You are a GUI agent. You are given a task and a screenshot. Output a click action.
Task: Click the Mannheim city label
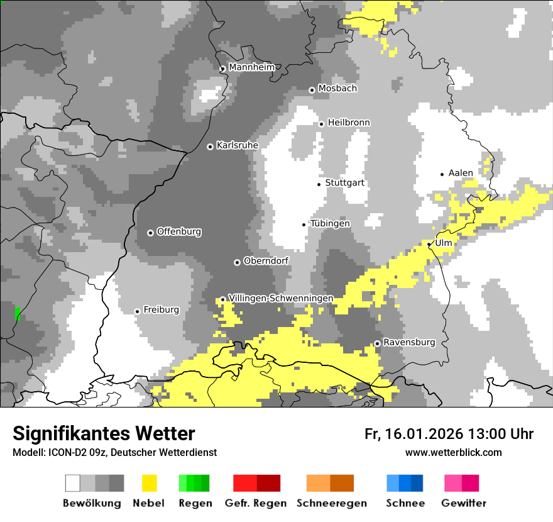(x=252, y=67)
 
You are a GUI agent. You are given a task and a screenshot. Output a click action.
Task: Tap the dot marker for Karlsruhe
(x=211, y=147)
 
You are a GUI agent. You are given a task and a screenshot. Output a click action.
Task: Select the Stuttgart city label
(x=344, y=183)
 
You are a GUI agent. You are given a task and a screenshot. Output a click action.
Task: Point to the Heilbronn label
(x=349, y=123)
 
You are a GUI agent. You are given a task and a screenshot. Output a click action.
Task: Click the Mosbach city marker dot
(x=312, y=90)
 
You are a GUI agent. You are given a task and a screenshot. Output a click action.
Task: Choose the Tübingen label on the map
(x=330, y=224)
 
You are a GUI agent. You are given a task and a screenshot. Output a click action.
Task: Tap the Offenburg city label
(x=179, y=231)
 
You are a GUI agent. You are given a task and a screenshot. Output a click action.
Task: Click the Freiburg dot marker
(x=137, y=311)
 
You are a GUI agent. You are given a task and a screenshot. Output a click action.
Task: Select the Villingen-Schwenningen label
(x=281, y=298)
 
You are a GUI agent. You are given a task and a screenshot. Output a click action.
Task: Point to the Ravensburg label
(x=409, y=342)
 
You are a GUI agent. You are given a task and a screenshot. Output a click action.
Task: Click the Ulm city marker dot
(x=429, y=244)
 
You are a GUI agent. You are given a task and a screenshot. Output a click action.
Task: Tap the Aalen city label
(x=461, y=173)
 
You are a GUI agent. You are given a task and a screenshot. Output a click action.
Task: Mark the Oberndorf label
(x=266, y=261)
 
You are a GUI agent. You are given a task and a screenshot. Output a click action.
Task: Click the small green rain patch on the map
(x=17, y=313)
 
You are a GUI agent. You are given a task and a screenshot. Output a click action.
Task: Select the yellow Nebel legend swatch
(x=149, y=483)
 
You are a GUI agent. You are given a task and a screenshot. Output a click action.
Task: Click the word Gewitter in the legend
(x=463, y=503)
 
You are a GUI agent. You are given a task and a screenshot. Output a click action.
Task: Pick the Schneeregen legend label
(x=331, y=503)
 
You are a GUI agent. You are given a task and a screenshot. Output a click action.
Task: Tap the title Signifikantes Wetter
(x=104, y=434)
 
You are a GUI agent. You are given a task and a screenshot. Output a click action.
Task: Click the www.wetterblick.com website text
(x=453, y=452)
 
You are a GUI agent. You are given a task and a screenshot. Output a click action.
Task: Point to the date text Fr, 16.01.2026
(x=413, y=434)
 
